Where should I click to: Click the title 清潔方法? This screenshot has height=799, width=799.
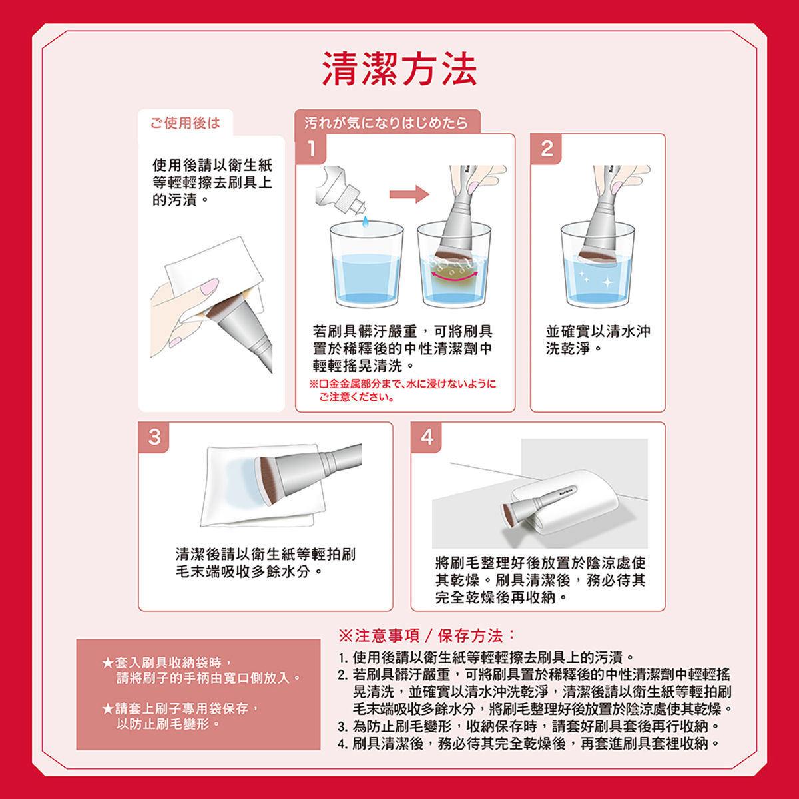pyautogui.click(x=400, y=69)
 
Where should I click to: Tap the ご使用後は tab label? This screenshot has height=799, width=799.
pyautogui.click(x=185, y=123)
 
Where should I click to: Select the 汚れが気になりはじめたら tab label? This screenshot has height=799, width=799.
pyautogui.click(x=386, y=123)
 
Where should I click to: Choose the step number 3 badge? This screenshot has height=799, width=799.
pyautogui.click(x=154, y=437)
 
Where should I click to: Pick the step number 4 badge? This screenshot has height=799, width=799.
pyautogui.click(x=427, y=437)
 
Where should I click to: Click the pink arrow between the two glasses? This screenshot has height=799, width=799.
pyautogui.click(x=409, y=194)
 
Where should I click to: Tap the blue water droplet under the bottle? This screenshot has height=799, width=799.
pyautogui.click(x=366, y=222)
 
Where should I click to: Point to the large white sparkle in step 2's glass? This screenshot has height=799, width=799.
pyautogui.click(x=607, y=283)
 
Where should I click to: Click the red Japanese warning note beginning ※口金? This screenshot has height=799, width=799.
pyautogui.click(x=403, y=390)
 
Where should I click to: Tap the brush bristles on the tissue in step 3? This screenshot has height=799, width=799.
pyautogui.click(x=267, y=480)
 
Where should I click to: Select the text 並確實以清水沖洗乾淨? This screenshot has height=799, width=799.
pyautogui.click(x=598, y=340)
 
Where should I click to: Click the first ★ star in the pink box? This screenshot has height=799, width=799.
pyautogui.click(x=107, y=663)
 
